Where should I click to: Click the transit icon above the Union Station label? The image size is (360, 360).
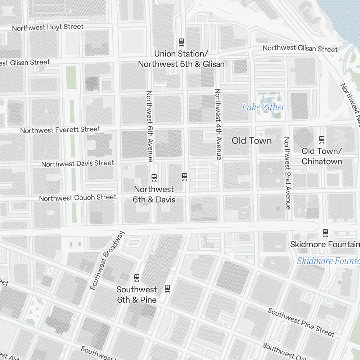pyautogui.click(x=181, y=42)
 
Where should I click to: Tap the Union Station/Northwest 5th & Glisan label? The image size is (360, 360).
pyautogui.click(x=181, y=59)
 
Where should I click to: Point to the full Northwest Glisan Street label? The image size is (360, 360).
pyautogui.click(x=300, y=48)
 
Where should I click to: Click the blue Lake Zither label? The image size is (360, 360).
pyautogui.click(x=263, y=107)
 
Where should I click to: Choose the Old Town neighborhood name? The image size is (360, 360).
pyautogui.click(x=252, y=140)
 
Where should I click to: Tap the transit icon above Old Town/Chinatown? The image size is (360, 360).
pyautogui.click(x=322, y=139)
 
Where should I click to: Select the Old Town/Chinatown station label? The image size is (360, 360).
pyautogui.click(x=322, y=156)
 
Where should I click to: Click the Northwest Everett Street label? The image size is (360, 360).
pyautogui.click(x=60, y=130)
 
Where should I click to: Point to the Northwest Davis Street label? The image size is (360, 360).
pyautogui.click(x=78, y=164)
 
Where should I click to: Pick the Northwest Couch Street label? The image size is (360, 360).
pyautogui.click(x=78, y=198)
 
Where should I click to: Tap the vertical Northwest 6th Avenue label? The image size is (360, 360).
pyautogui.click(x=150, y=126)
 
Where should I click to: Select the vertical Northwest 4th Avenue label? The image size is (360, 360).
pyautogui.click(x=218, y=124)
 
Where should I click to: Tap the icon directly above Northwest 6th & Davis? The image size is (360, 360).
pyautogui.click(x=154, y=177)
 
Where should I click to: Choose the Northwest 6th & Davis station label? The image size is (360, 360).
pyautogui.click(x=154, y=194)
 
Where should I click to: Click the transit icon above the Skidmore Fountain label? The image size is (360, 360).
pyautogui.click(x=325, y=233)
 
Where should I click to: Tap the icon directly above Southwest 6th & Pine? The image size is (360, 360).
pyautogui.click(x=137, y=278)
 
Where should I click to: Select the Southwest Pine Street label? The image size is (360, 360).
pyautogui.click(x=301, y=322)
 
